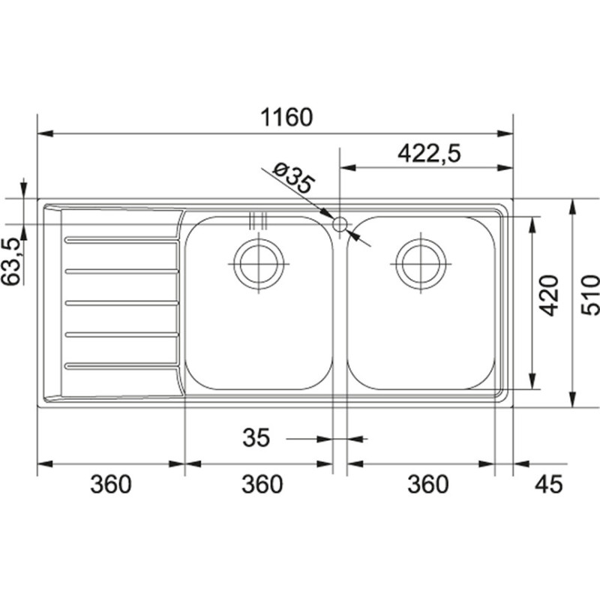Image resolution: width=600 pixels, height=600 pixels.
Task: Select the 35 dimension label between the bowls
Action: click(256, 438)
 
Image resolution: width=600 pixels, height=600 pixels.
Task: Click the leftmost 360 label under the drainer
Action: click(110, 484)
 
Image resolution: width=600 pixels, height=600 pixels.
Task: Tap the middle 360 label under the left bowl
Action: click(262, 484)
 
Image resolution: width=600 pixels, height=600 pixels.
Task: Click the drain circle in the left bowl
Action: click(259, 264)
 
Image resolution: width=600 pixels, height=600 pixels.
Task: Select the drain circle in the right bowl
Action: click(420, 264)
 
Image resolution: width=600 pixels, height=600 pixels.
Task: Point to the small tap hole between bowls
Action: click(340, 223)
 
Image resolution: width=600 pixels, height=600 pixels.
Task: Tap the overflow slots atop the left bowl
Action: click(257, 220)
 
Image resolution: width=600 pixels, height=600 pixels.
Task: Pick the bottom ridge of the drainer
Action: click(122, 366)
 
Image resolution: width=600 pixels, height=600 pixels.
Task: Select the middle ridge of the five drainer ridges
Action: click(122, 303)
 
